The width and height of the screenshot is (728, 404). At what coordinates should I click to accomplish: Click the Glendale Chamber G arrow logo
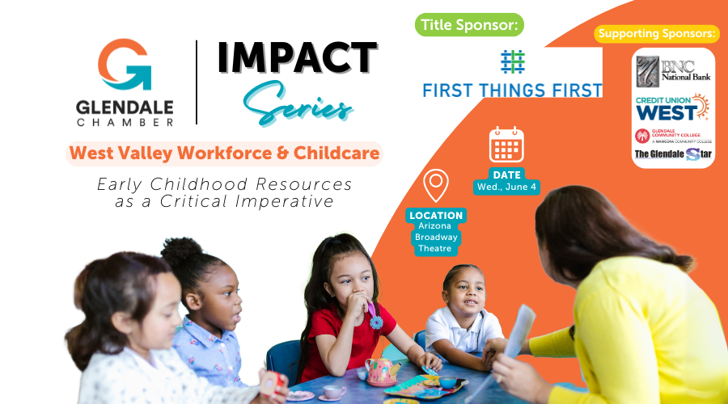(x=125, y=64)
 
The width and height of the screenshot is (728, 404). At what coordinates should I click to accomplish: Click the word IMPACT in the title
(x=297, y=58)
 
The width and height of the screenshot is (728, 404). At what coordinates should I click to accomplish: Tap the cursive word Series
(x=297, y=104)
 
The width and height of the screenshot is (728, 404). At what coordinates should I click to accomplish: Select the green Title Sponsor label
(x=469, y=24)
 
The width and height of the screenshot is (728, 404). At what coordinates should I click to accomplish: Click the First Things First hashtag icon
(x=513, y=61)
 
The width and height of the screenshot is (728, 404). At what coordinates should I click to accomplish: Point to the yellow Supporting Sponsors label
(x=657, y=34)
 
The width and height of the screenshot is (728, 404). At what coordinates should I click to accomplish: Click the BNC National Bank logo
(x=673, y=72)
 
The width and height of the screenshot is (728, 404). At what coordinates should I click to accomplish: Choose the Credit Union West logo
(x=672, y=107)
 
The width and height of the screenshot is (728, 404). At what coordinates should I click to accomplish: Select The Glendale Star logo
(x=673, y=154)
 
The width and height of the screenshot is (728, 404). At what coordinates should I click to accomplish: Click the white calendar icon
(x=506, y=145)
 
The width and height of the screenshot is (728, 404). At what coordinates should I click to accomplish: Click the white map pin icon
(x=436, y=185)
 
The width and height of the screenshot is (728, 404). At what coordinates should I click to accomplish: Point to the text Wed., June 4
(x=506, y=187)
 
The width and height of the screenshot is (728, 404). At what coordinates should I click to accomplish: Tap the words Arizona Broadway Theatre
(x=435, y=237)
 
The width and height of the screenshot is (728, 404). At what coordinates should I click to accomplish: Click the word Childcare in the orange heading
(x=336, y=153)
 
